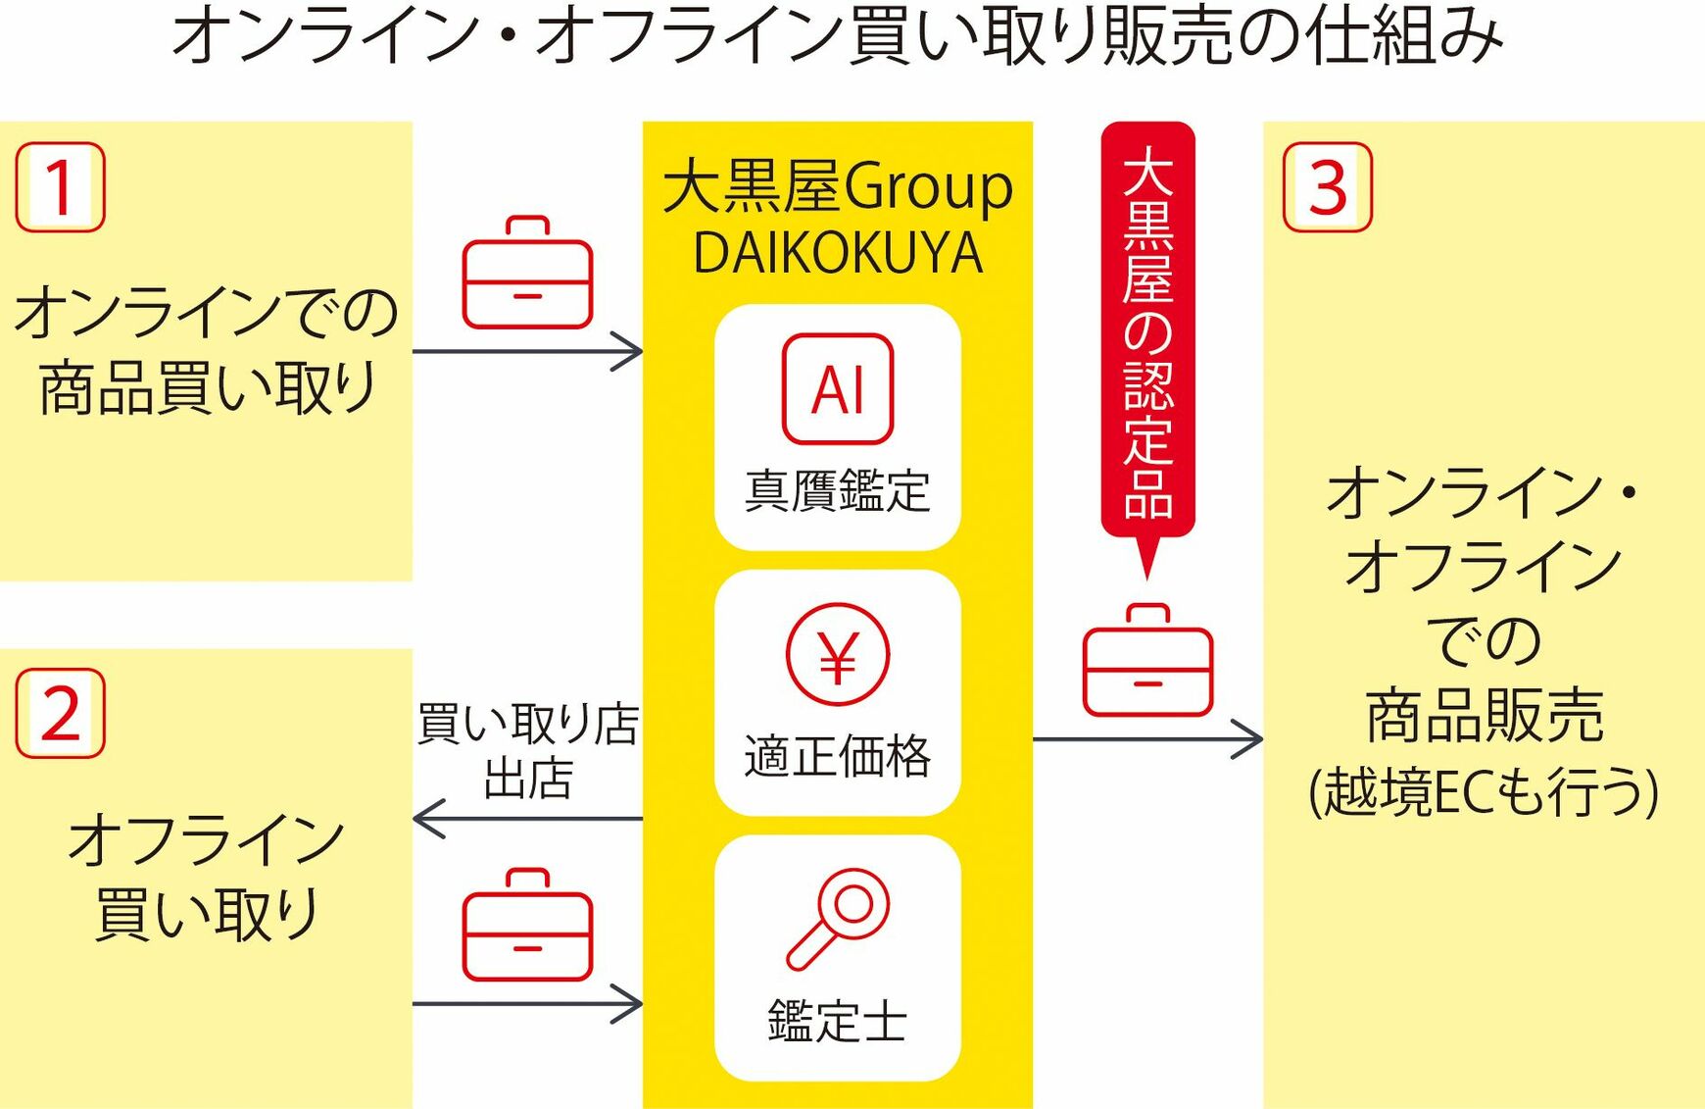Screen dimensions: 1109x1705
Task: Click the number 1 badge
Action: point(60,187)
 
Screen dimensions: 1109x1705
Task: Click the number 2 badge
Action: point(60,713)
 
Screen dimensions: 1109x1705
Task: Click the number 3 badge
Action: point(1327,187)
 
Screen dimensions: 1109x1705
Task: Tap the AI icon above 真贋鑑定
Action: point(837,389)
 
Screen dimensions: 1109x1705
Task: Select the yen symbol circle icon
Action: point(837,655)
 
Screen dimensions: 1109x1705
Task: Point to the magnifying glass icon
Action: point(839,918)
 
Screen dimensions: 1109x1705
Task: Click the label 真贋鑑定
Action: point(837,490)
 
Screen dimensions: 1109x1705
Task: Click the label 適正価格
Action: point(837,756)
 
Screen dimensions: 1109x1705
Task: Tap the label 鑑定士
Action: point(837,1021)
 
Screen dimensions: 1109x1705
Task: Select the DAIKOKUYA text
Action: point(837,253)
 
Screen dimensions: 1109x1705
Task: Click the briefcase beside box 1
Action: point(527,274)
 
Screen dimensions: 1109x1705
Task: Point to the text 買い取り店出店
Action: point(528,751)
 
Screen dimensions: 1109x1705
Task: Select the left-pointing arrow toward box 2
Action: point(431,819)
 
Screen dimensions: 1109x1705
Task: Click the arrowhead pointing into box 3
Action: point(1248,739)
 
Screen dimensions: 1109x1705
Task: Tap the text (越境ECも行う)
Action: point(1484,791)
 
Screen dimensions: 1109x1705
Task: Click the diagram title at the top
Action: point(837,35)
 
